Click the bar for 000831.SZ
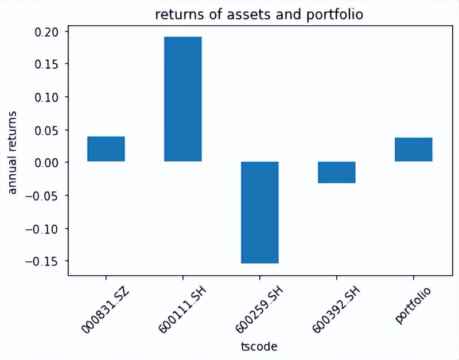(106, 149)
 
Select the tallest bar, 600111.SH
(183, 99)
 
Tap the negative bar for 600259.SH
(260, 212)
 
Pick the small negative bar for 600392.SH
(337, 172)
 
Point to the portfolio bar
(414, 150)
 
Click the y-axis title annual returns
(14, 154)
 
